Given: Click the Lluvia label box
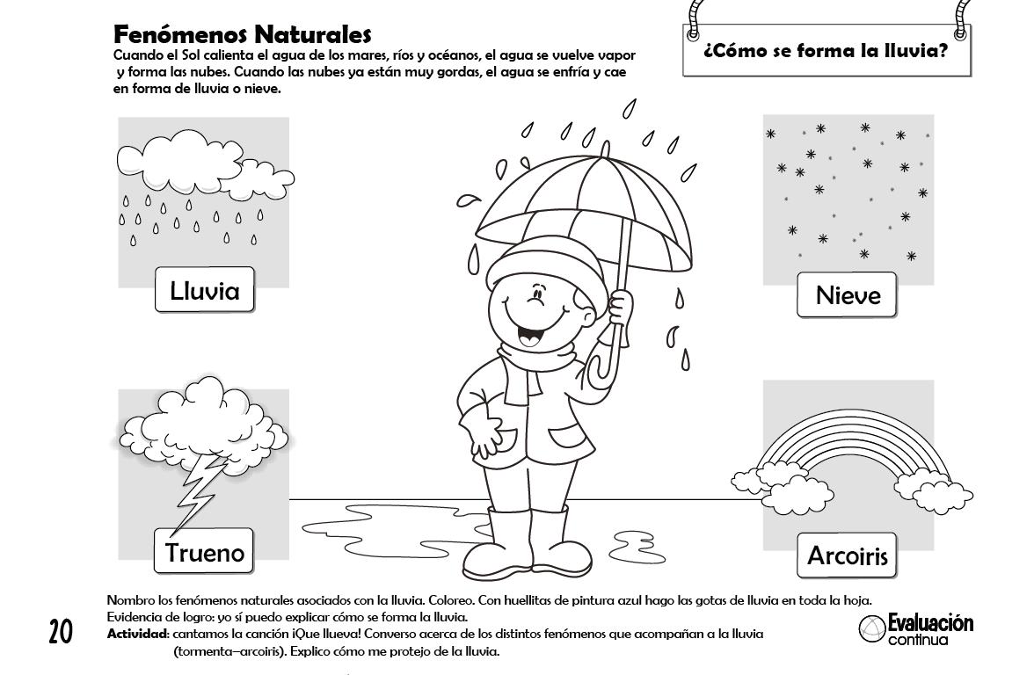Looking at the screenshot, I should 204,290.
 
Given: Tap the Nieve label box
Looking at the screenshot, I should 847,294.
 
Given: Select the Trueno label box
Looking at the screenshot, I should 204,552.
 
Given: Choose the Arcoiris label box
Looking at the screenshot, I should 847,555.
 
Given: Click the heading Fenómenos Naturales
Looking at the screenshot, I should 243,35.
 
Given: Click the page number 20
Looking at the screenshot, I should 60,631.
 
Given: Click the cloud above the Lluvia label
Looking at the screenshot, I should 193,163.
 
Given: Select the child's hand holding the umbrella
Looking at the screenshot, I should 621,308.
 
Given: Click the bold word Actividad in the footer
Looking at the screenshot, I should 137,634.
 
